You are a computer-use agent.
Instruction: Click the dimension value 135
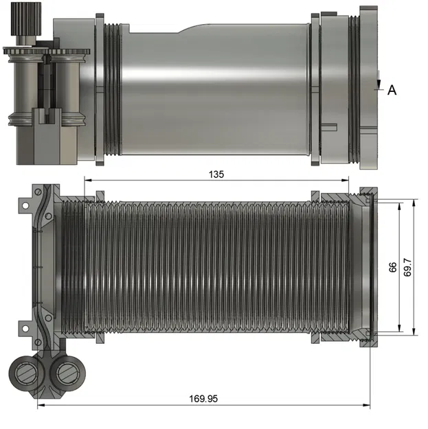(x=216, y=174)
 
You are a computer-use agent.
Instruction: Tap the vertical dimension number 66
(x=393, y=268)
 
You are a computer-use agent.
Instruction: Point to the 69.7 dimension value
(x=407, y=268)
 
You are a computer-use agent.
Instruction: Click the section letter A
(x=392, y=90)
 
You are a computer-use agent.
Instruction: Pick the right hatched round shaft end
(x=68, y=373)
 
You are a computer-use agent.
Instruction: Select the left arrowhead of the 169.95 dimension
(x=41, y=406)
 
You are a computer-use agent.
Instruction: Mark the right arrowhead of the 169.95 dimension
(x=367, y=406)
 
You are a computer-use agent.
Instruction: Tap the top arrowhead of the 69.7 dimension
(x=414, y=204)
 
